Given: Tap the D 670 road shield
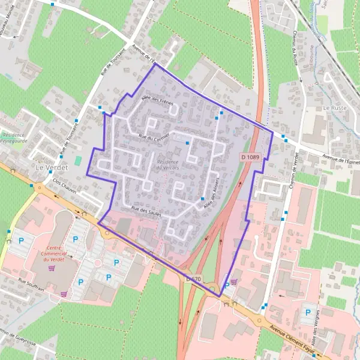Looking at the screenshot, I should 193,279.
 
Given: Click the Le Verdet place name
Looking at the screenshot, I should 50,167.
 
